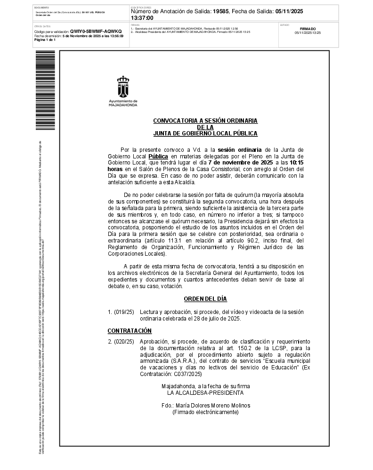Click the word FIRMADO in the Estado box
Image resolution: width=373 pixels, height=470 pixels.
[x=308, y=29]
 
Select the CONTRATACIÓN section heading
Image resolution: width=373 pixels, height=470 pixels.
[x=130, y=330]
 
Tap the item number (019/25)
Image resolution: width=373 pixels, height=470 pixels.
[x=124, y=312]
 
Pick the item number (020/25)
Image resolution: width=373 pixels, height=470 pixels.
[x=124, y=341]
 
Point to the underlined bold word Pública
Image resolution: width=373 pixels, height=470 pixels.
[x=158, y=156]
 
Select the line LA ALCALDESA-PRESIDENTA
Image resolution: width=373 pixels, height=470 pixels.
[x=205, y=392]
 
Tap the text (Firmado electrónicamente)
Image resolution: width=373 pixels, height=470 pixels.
[x=205, y=412]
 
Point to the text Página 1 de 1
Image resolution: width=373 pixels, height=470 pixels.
[x=45, y=40]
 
